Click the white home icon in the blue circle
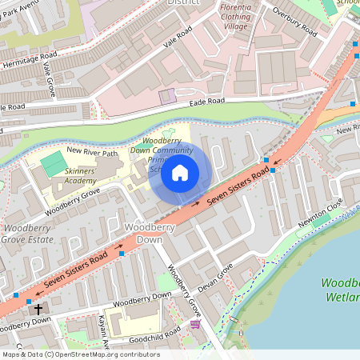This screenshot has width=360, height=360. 180,172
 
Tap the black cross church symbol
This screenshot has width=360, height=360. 38,307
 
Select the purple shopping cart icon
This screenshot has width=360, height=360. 194,325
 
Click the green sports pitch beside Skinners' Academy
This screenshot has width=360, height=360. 53,164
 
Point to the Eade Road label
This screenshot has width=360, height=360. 206,102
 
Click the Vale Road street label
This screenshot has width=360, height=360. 178,38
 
